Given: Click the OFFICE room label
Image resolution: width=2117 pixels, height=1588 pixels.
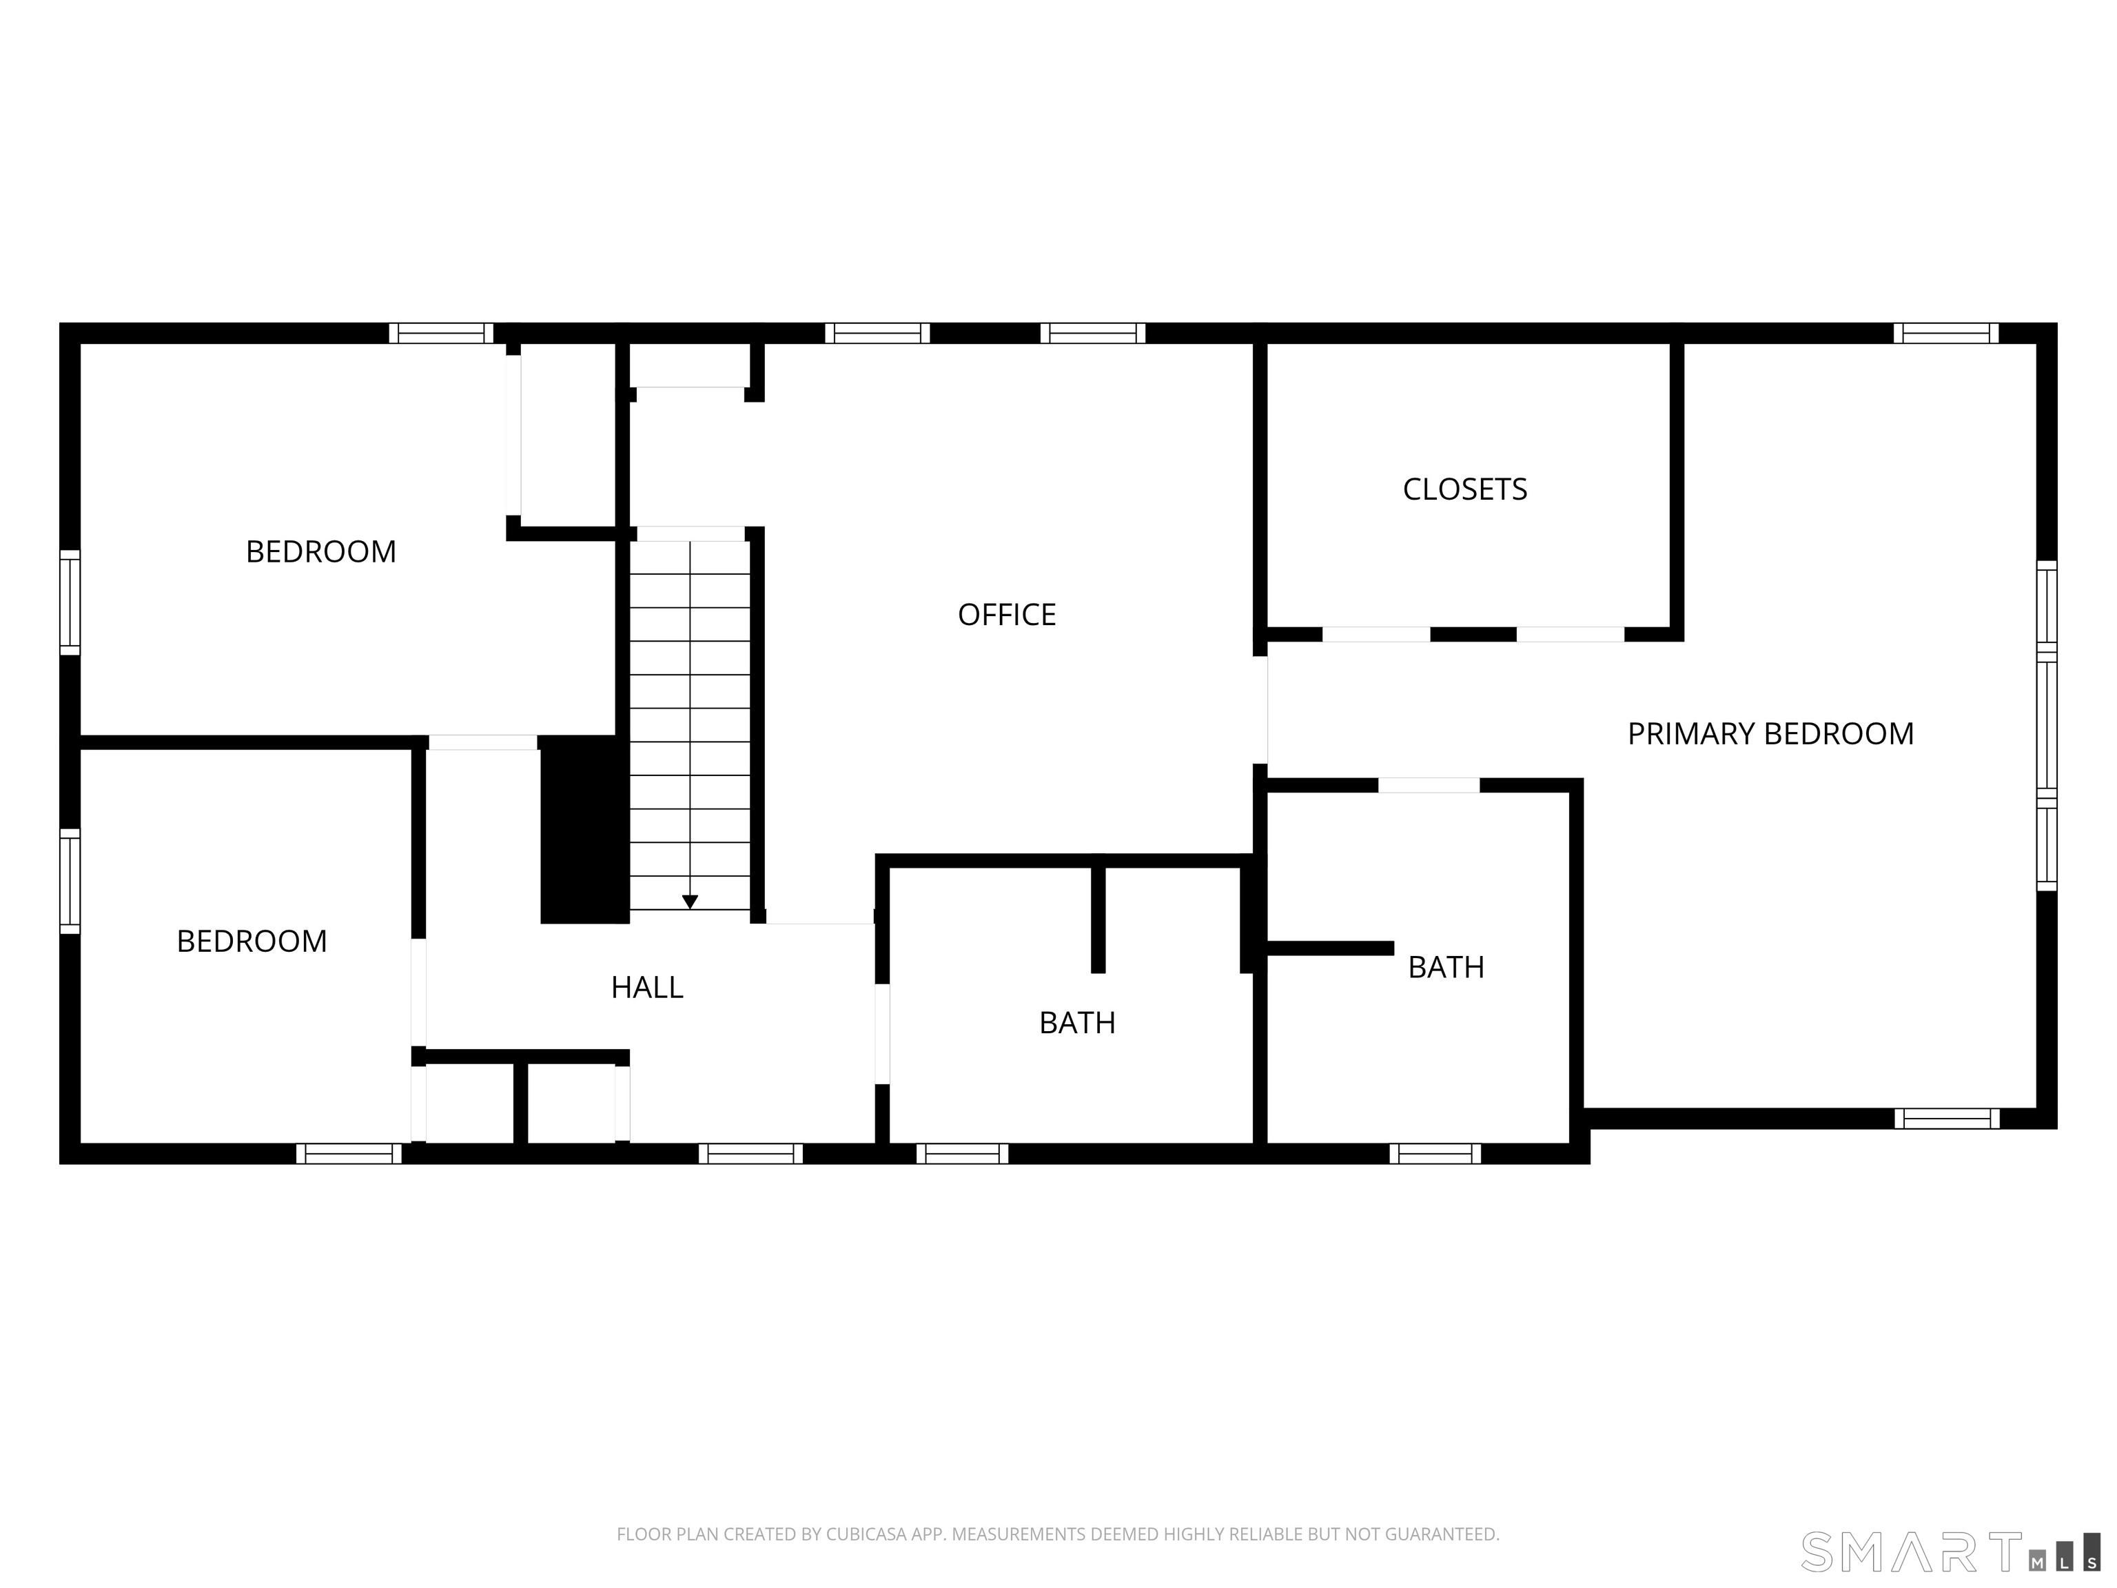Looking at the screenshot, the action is [x=1007, y=615].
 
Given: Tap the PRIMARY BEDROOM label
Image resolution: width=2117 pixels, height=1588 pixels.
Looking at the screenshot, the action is [x=1770, y=734].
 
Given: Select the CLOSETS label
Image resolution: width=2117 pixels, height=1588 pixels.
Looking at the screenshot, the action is [x=1464, y=489].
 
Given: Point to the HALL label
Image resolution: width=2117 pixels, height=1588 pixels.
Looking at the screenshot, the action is [x=647, y=987].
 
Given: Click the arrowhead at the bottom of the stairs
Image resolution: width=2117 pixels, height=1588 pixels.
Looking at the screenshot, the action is [x=690, y=902].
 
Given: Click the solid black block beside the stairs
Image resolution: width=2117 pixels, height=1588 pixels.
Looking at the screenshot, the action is [x=585, y=829].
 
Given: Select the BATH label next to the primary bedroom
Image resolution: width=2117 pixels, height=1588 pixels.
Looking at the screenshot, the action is [x=1446, y=967].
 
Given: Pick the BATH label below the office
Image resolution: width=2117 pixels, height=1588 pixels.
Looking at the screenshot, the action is [x=1078, y=1022].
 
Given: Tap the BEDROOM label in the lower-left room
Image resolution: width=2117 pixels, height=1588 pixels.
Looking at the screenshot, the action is [x=252, y=941].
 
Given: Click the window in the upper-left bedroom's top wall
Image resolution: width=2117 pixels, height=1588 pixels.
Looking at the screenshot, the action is [x=441, y=333].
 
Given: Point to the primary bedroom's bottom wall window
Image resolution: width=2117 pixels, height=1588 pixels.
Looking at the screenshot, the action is [x=1947, y=1118].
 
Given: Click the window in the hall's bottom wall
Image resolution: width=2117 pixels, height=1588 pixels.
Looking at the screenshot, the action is [x=750, y=1153].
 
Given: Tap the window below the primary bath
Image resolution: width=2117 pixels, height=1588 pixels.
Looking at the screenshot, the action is [x=1435, y=1153].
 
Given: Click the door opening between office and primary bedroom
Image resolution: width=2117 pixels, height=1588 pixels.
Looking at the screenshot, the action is [x=1260, y=709].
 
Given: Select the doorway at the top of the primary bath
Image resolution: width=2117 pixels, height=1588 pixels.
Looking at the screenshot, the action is [x=1429, y=785].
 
